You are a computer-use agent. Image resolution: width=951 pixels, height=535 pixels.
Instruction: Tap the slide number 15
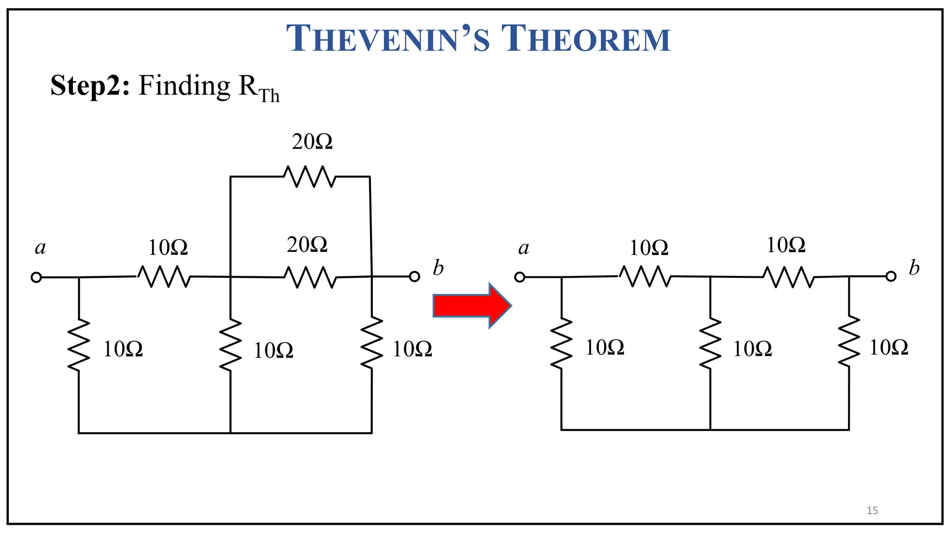[x=872, y=510]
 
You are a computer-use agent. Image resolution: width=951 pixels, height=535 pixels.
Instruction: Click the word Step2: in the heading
[x=90, y=86]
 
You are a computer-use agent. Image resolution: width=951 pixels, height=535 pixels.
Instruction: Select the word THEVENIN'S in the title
[x=388, y=39]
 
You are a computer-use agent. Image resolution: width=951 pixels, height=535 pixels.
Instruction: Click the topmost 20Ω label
[x=312, y=142]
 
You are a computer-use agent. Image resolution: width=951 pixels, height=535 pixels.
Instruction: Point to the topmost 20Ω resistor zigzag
[x=310, y=176]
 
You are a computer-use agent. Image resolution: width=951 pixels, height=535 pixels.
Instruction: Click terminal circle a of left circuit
[x=36, y=277]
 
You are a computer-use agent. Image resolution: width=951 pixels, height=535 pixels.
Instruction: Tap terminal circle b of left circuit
[x=414, y=277]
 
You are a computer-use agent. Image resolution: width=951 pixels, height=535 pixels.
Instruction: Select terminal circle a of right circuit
[x=520, y=277]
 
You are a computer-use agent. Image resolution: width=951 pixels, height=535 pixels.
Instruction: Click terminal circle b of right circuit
[x=891, y=277]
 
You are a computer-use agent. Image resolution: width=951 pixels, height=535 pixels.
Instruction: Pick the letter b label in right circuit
[x=914, y=268]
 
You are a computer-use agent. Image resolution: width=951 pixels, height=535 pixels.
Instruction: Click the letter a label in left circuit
[x=40, y=248]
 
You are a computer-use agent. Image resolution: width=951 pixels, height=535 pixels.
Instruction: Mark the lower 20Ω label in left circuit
[x=307, y=245]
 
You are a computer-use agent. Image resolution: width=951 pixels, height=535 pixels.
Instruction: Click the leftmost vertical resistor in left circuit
[x=78, y=345]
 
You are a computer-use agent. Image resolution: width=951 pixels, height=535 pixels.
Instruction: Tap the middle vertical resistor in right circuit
[x=710, y=344]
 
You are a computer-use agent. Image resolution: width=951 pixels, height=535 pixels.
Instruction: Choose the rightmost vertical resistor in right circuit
[x=849, y=342]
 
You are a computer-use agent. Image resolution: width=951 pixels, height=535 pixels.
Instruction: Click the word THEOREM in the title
[x=586, y=39]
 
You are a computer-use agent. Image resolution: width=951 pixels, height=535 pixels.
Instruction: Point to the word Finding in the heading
[x=184, y=86]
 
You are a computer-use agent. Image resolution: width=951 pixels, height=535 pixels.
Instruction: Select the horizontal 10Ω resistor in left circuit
[x=164, y=277]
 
